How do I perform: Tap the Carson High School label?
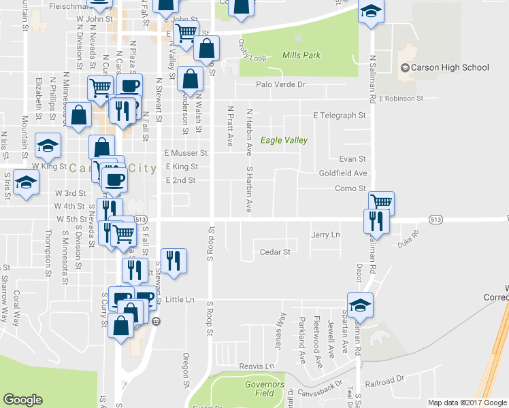coord(445,67)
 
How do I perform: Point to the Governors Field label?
coord(264,389)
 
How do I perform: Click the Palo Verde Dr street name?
coord(280,85)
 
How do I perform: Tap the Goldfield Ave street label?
coord(343,173)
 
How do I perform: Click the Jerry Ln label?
coord(325,235)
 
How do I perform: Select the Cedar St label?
coord(275,252)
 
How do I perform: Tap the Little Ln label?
coord(180,299)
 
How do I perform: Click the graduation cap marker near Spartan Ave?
coord(360,304)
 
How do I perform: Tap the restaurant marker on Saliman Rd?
coord(376,220)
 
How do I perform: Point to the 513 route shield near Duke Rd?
coord(436,219)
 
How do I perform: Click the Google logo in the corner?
coord(22,400)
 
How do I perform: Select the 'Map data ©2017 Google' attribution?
coord(467,403)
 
